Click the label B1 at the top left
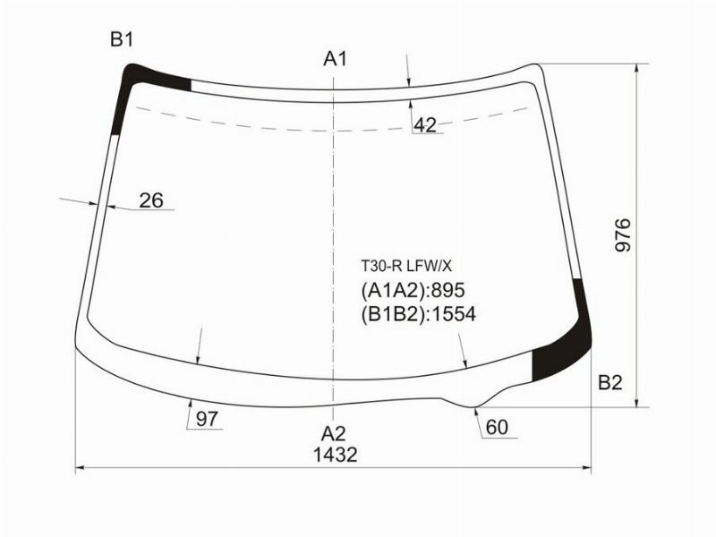tap(122, 39)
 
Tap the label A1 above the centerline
tap(335, 60)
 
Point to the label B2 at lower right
tap(609, 383)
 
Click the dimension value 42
tap(425, 125)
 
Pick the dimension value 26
tap(151, 200)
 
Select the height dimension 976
tap(624, 234)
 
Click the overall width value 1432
tap(335, 455)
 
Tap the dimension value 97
tap(207, 419)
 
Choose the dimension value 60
tap(497, 428)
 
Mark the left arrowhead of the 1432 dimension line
tap(81, 468)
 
